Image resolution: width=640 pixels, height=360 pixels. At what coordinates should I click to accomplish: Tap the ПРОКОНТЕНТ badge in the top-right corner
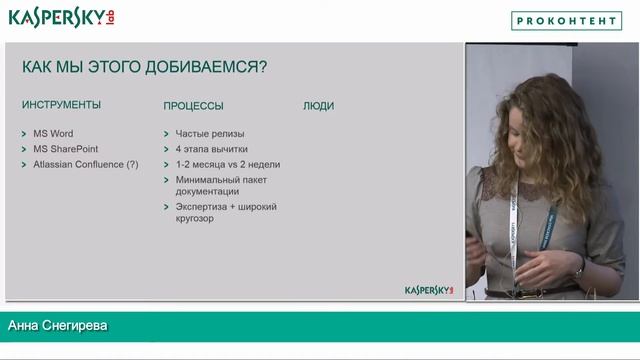pos(566,20)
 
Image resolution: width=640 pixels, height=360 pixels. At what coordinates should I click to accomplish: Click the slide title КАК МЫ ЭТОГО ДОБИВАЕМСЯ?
pos(144,67)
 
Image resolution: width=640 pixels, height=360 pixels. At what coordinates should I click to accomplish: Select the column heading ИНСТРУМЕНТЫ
pos(61,105)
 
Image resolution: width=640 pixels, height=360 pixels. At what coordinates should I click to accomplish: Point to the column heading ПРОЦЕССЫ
pos(193,105)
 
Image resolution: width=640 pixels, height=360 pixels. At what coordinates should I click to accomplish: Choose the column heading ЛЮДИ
pos(318,105)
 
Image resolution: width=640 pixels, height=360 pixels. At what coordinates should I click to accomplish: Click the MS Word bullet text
pos(53,133)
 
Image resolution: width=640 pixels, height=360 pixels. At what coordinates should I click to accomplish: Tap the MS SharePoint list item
pos(66,148)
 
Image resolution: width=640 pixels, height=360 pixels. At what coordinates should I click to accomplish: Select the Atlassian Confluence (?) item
pos(86,164)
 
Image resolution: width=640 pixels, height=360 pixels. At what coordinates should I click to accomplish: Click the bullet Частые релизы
pos(209,133)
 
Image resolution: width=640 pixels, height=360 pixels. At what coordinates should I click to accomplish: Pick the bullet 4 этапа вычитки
pos(211,148)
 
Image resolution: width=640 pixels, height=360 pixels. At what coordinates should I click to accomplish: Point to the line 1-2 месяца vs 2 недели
pos(227,164)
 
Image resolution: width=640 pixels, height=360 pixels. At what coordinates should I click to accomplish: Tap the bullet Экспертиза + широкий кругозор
pos(225,212)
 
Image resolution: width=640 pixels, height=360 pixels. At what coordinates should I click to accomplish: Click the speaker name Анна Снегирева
pos(57,326)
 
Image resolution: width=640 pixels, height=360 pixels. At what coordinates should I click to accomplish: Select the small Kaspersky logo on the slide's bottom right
pos(429,290)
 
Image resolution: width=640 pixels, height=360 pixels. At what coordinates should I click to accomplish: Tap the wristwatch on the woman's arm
pos(580,269)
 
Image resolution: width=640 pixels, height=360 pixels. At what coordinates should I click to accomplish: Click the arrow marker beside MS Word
pos(23,134)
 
